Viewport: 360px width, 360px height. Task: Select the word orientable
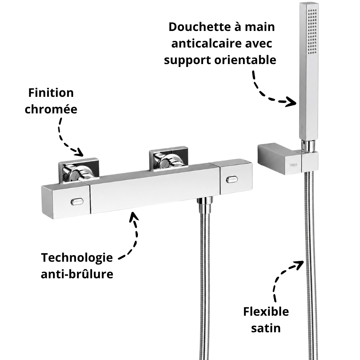245,60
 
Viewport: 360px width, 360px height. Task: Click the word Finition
51,93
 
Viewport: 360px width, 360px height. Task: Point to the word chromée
51,109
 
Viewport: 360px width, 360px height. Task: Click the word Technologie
77,258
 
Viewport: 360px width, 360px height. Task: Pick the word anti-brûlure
77,274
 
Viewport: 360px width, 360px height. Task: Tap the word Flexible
266,311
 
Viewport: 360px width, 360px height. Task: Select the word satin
266,328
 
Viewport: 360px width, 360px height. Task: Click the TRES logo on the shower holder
293,165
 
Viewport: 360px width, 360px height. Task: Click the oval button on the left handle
77,202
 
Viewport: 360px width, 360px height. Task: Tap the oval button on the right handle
232,179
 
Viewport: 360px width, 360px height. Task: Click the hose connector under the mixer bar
205,204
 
